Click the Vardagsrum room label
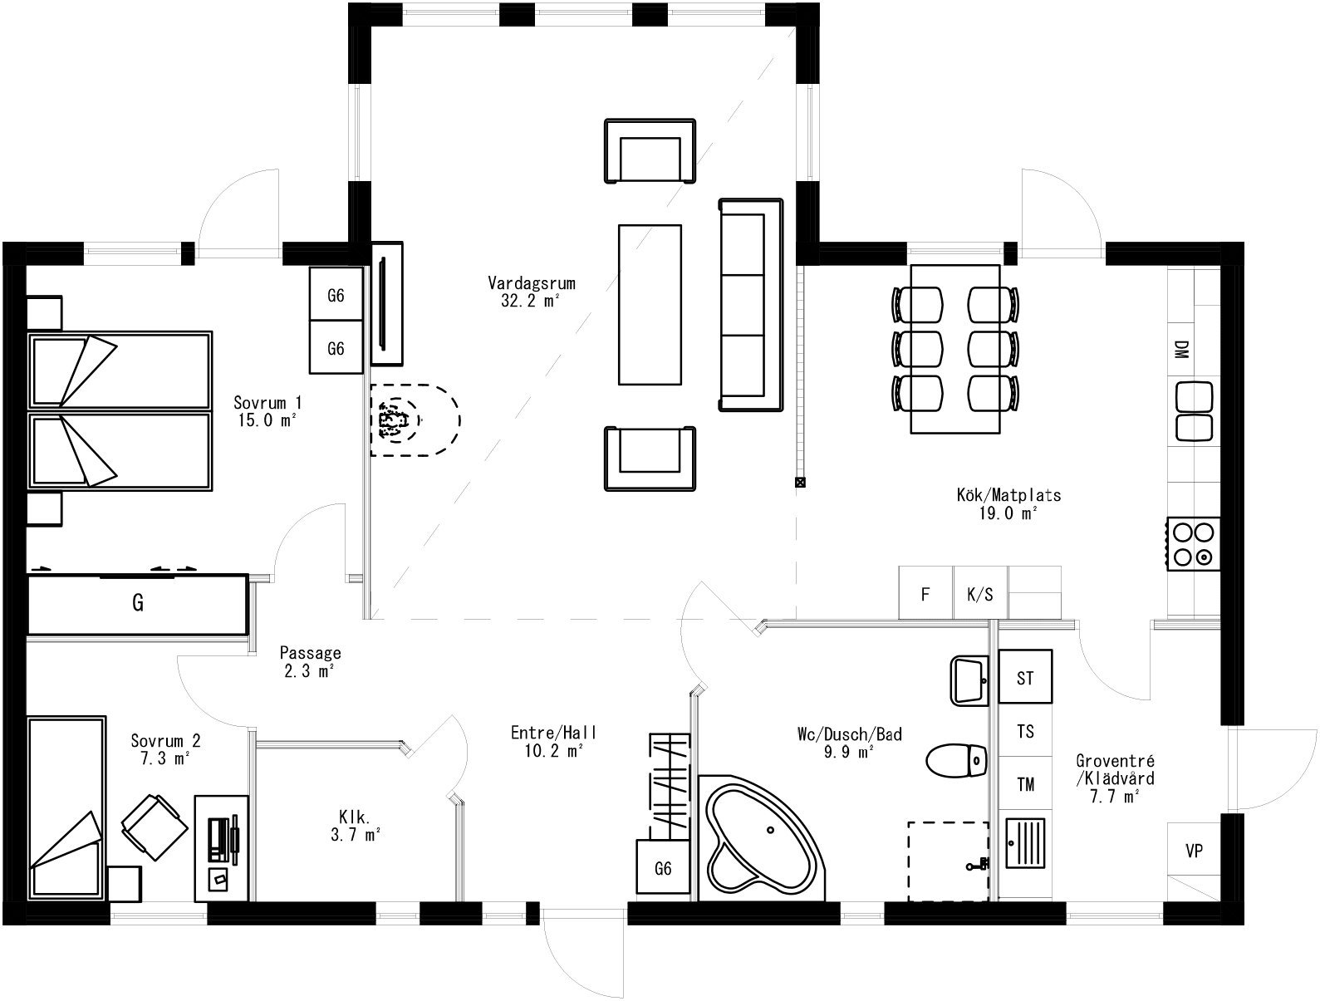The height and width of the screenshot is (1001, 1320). click(531, 283)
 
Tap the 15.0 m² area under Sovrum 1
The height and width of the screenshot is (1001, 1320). click(267, 420)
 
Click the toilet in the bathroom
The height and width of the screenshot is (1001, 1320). click(956, 760)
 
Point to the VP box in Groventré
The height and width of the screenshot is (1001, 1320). click(1194, 851)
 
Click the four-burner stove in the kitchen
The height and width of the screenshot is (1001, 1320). click(1194, 543)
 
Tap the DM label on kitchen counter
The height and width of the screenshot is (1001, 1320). click(1181, 349)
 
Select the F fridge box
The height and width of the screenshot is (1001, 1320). click(925, 594)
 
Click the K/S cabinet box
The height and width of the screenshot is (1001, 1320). click(979, 594)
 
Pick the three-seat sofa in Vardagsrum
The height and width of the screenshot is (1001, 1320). click(750, 305)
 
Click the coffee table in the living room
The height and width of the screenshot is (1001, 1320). click(650, 304)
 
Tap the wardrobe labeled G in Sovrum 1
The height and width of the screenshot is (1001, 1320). click(137, 603)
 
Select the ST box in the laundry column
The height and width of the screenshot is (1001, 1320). click(1025, 677)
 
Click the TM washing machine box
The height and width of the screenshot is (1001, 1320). click(1025, 783)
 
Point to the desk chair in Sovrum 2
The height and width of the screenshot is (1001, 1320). click(154, 827)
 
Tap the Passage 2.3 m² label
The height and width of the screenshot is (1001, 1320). click(310, 662)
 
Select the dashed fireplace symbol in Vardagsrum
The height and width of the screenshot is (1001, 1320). click(413, 420)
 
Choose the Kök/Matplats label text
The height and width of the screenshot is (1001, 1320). click(1008, 496)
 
